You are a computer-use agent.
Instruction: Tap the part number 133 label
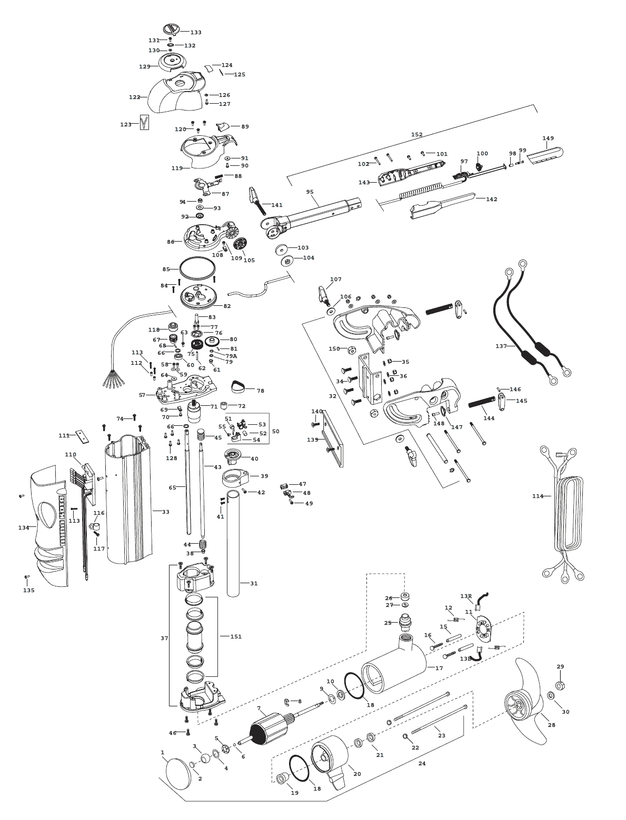point(196,33)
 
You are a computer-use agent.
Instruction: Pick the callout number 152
point(416,135)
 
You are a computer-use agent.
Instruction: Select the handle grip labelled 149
point(546,154)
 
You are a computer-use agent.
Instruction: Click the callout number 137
point(501,346)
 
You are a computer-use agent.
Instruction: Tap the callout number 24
point(422,763)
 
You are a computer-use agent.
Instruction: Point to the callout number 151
point(236,637)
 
